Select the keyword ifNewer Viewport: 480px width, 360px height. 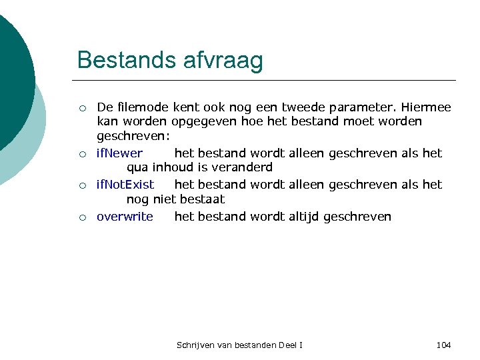(119, 153)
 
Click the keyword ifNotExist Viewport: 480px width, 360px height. (125, 184)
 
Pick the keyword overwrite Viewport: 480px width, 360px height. (125, 217)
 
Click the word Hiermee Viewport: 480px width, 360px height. (426, 107)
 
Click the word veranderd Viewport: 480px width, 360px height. (243, 167)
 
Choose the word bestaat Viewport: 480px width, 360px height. (202, 199)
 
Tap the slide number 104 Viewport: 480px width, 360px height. (443, 345)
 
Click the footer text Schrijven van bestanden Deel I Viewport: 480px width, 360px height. (239, 345)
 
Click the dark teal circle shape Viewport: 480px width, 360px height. (13, 73)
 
